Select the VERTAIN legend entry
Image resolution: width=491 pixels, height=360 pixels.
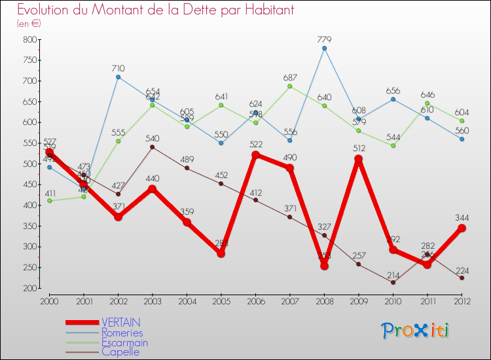coord(120,323)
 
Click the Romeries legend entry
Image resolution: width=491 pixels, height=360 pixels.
coord(122,333)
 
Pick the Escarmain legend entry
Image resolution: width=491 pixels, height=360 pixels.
coord(124,342)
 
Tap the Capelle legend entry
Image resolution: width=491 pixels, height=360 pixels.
coord(120,351)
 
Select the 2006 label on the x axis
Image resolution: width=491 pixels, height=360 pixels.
coord(255,301)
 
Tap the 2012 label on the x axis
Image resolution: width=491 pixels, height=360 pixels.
coord(462,301)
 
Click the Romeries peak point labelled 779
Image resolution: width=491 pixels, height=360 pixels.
coord(324,48)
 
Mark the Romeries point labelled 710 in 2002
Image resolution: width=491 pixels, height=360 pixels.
coord(118,77)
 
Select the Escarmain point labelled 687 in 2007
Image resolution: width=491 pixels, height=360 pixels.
coord(290,86)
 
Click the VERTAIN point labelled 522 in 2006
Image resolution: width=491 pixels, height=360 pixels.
coord(255,155)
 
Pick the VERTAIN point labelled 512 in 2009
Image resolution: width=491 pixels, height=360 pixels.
coord(359,159)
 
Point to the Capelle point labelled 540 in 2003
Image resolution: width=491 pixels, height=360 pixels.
coord(153,147)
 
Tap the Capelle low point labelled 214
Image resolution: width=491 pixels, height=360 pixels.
coord(393,282)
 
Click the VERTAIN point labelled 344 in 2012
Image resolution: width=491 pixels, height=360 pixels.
coord(462,228)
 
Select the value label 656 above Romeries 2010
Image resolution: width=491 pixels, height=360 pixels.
coord(393,91)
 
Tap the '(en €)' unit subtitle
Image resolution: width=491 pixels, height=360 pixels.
coord(29,24)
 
